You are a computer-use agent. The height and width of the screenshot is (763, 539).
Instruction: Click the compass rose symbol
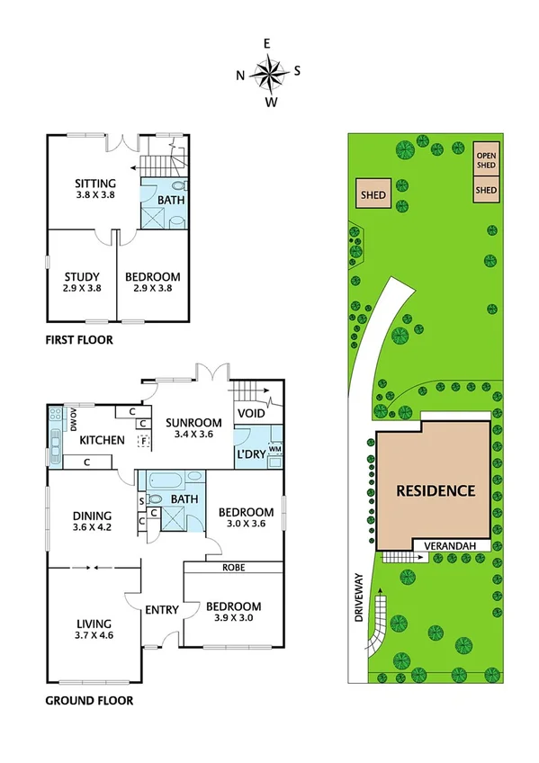(269, 72)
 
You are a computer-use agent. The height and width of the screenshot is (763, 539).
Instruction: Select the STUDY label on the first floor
(80, 276)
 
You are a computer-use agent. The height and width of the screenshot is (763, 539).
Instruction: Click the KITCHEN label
(101, 440)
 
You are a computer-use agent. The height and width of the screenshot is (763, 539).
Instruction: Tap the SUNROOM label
(191, 423)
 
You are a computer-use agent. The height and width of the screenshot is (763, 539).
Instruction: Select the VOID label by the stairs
(250, 413)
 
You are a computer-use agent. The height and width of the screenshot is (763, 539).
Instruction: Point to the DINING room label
(91, 516)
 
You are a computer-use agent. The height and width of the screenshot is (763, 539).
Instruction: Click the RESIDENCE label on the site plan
(436, 490)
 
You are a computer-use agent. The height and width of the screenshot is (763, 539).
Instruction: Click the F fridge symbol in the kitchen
(142, 440)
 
